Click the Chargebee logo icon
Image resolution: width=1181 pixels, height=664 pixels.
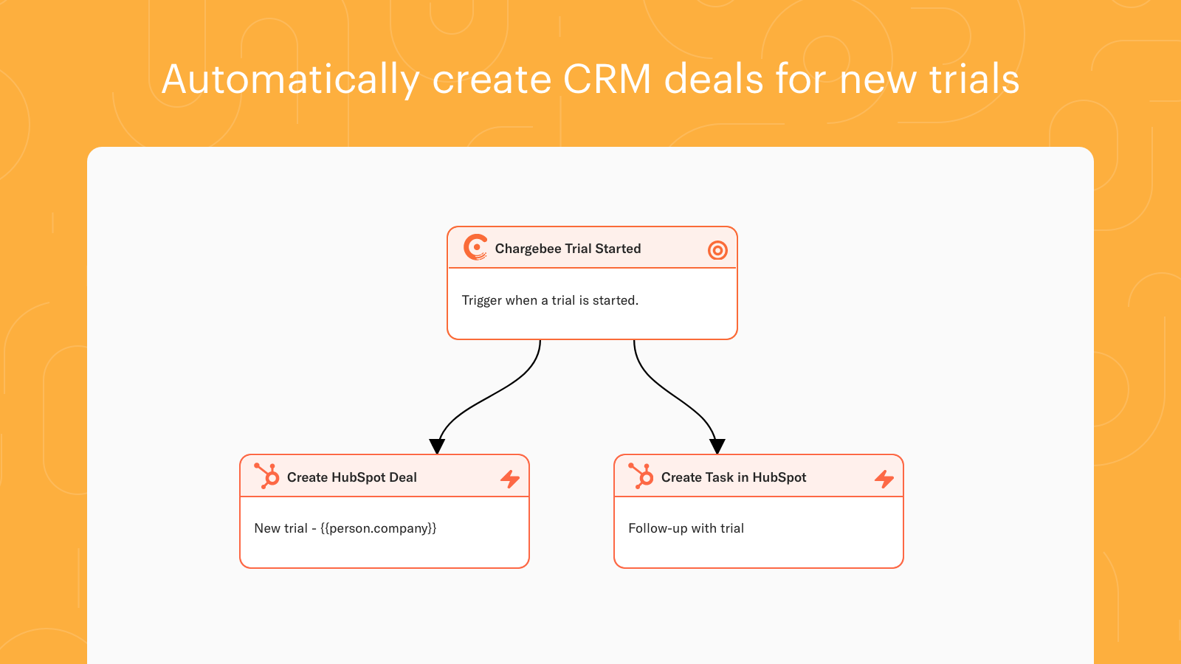(475, 248)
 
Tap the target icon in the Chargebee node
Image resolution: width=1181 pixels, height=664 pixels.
(717, 250)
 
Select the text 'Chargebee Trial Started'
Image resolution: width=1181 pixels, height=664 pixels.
(568, 249)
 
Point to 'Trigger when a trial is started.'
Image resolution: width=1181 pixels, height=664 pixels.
(550, 300)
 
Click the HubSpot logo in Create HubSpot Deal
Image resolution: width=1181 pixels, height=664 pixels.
(266, 476)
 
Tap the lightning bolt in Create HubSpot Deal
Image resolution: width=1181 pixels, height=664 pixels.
(510, 479)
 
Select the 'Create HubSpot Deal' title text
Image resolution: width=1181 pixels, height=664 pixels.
(351, 477)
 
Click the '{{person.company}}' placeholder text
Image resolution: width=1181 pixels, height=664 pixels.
(379, 528)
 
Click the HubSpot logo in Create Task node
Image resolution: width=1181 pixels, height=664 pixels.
(641, 476)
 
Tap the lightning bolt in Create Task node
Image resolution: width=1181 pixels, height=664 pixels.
(884, 479)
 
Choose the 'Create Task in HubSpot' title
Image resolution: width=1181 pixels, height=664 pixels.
(734, 477)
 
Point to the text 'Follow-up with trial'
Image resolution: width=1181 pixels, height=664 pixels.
(686, 528)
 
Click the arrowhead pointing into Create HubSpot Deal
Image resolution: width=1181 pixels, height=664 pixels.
(437, 446)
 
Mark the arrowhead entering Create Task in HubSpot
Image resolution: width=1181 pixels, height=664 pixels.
(717, 446)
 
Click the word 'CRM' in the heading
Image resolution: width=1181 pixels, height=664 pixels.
(607, 79)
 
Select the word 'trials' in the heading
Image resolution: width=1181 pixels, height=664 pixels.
(974, 79)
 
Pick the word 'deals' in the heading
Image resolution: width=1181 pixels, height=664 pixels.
(713, 79)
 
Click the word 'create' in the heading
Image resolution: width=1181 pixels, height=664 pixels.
(492, 80)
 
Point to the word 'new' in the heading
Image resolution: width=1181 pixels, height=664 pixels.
(878, 80)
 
